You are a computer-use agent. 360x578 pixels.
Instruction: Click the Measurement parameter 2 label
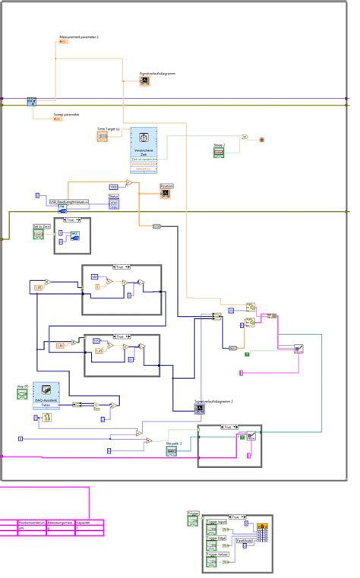coord(79,36)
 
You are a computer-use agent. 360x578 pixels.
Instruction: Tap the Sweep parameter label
coord(66,114)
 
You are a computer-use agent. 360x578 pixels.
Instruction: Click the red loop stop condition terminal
coord(261,140)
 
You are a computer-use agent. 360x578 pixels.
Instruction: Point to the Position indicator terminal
coord(166,193)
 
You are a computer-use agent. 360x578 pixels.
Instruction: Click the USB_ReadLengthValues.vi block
coord(69,202)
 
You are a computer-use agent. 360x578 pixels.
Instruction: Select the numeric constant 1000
coord(113,186)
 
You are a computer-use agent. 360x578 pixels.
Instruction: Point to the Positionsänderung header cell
coord(32,523)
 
